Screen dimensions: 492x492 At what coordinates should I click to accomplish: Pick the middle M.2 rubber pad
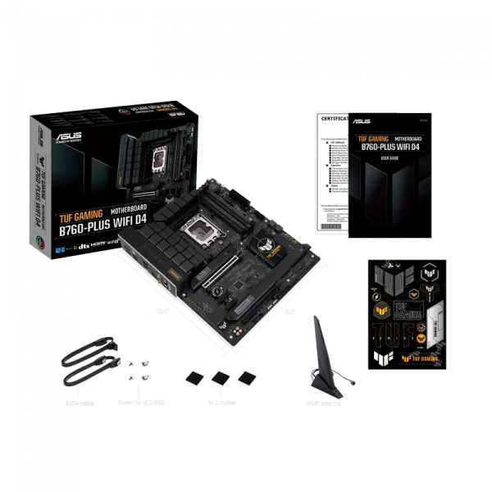[218, 376]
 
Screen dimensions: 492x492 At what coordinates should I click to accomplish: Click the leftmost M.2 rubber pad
[194, 376]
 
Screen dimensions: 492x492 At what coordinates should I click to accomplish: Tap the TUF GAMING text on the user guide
[372, 139]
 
